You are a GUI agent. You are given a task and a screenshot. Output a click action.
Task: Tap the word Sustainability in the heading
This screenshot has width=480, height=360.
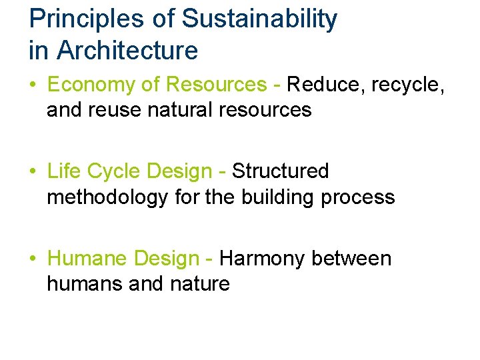click(x=259, y=19)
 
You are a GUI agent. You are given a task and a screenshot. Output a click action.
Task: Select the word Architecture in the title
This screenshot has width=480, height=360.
click(x=128, y=50)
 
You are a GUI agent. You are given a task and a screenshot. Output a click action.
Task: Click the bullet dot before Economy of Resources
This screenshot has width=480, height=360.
click(x=33, y=85)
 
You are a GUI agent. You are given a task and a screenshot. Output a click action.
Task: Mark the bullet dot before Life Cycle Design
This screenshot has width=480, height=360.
click(x=33, y=172)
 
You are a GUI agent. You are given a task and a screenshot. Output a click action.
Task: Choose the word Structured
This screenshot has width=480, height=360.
click(x=281, y=171)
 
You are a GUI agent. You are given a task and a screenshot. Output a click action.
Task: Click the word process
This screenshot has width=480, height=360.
click(x=360, y=197)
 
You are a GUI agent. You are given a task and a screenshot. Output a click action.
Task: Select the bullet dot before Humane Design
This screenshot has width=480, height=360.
click(x=33, y=259)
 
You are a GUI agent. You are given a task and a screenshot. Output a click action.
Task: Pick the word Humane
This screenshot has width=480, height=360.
click(x=87, y=258)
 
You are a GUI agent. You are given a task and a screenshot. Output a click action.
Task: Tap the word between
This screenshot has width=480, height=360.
click(x=352, y=258)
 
